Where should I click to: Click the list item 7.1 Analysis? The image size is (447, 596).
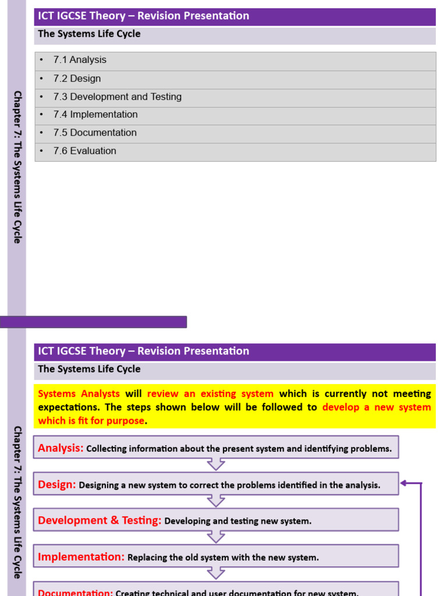click(x=80, y=60)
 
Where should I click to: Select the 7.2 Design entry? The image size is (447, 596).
click(x=77, y=79)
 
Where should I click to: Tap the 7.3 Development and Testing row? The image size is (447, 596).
click(x=117, y=97)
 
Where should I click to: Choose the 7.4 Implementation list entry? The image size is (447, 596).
click(x=95, y=115)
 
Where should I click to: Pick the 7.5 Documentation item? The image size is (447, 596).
click(x=95, y=133)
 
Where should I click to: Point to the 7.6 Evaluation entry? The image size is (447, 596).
click(x=84, y=151)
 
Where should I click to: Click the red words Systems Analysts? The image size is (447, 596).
click(x=79, y=394)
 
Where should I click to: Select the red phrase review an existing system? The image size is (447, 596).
click(x=210, y=394)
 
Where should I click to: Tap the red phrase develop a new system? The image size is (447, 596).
click(x=377, y=407)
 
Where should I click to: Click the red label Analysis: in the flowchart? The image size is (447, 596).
click(x=61, y=448)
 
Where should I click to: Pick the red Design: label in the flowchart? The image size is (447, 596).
click(x=56, y=484)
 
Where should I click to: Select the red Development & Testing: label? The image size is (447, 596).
click(x=100, y=521)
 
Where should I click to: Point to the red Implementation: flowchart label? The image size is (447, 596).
click(x=81, y=557)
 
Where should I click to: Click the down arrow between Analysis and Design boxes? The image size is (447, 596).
click(x=216, y=464)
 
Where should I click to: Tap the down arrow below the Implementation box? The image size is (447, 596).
click(x=216, y=573)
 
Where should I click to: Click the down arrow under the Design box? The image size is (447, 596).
click(x=216, y=501)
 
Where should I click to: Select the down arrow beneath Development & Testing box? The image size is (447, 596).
click(x=216, y=537)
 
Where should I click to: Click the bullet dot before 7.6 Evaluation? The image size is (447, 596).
click(x=42, y=151)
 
